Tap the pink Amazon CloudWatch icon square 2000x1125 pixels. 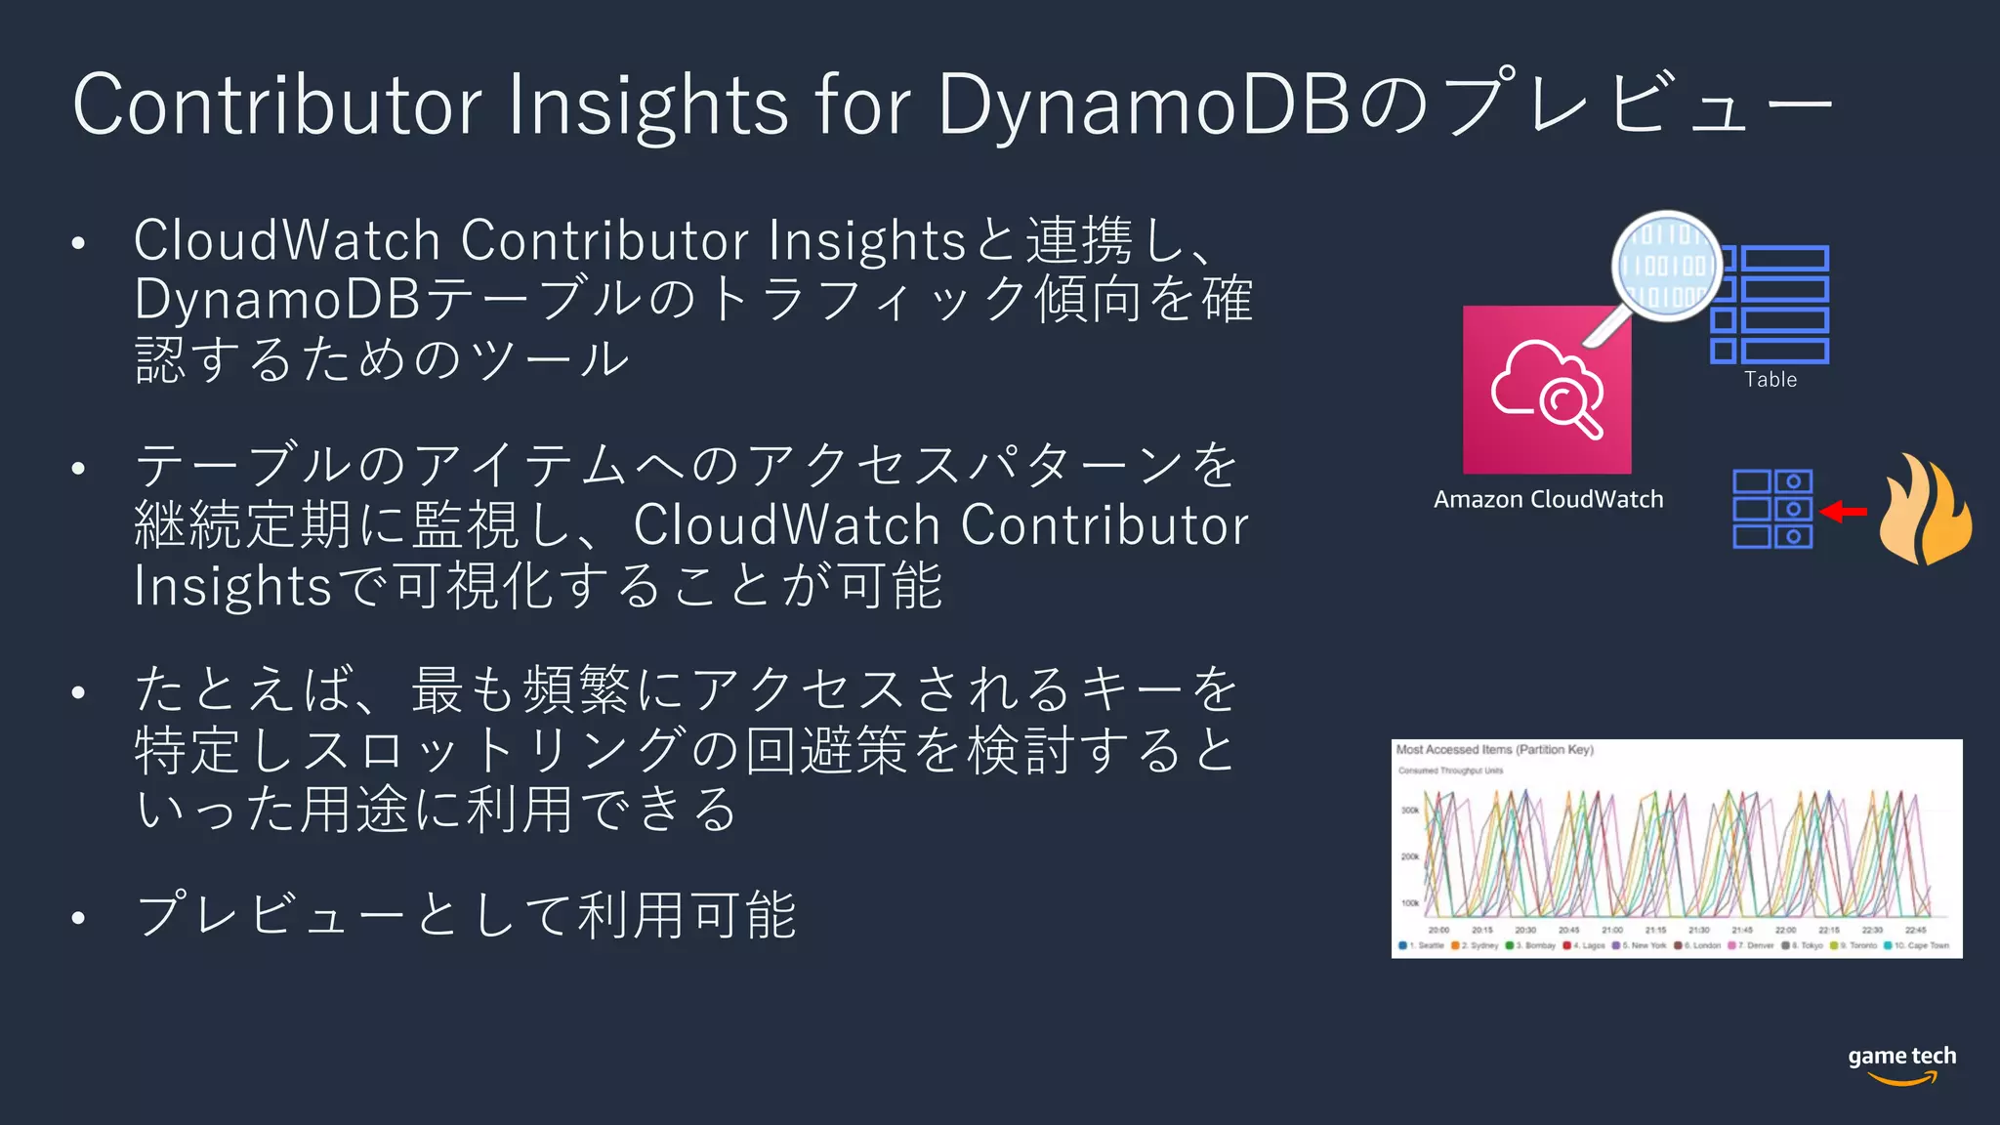click(1547, 391)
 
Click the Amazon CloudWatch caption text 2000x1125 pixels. click(1548, 499)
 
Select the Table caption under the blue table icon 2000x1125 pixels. click(1771, 380)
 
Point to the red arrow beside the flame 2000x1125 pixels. click(1844, 511)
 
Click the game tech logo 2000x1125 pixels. click(1901, 1063)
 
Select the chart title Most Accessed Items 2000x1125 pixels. click(1494, 750)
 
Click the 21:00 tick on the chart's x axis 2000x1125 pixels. click(1612, 931)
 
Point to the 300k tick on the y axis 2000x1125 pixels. click(1410, 810)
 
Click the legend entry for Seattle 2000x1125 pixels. click(1424, 945)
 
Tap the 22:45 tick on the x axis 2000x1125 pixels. click(1916, 931)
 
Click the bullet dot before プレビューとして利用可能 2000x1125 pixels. click(79, 917)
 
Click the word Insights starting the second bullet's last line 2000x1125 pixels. click(233, 586)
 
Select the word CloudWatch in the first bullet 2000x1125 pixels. click(286, 240)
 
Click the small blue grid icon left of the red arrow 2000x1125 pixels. click(1772, 509)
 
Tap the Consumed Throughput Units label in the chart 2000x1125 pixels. click(1450, 771)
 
